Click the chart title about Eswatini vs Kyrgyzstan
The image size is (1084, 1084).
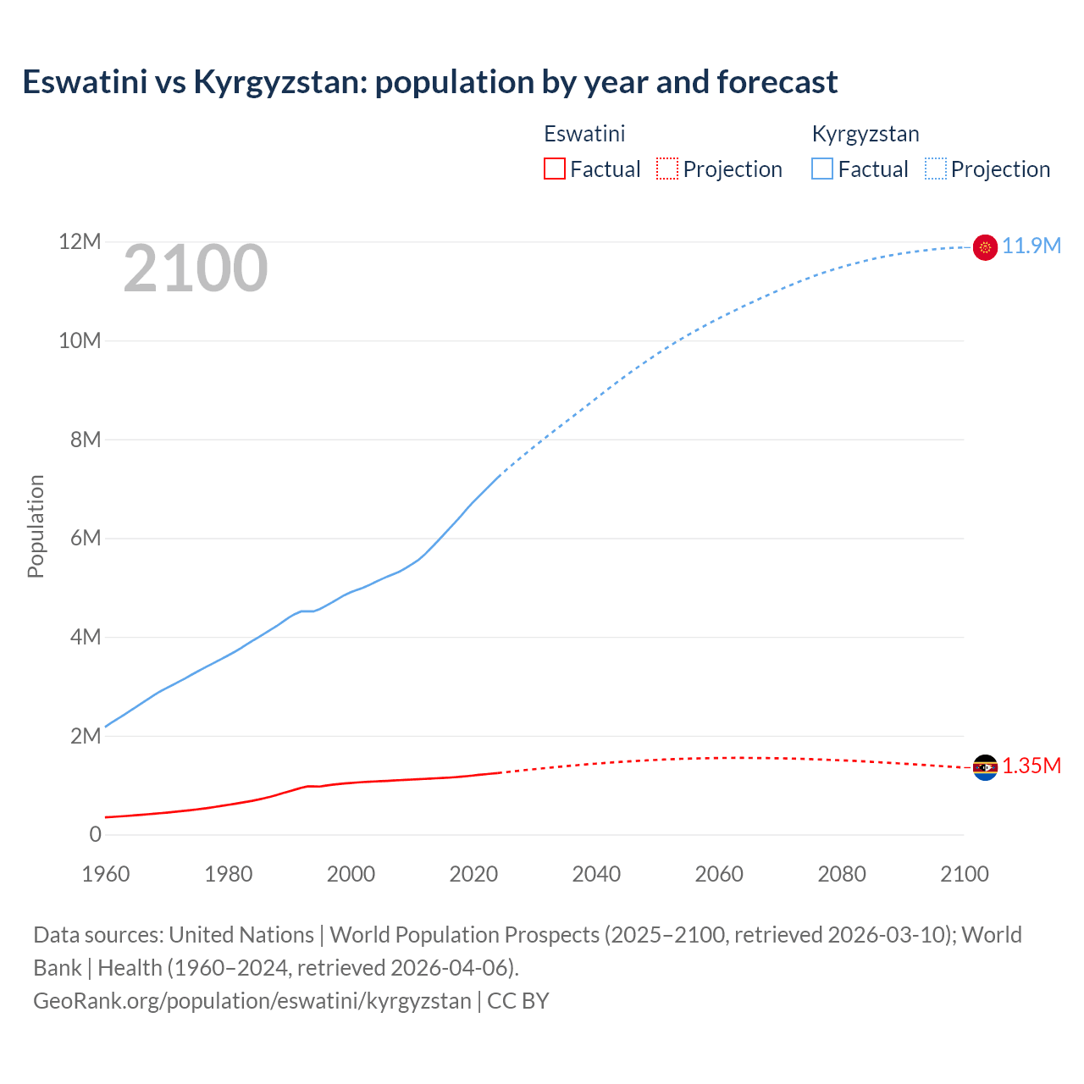(429, 82)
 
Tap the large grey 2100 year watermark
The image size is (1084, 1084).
(196, 268)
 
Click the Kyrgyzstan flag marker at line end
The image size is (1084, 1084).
(985, 247)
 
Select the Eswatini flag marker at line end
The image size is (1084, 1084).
(985, 767)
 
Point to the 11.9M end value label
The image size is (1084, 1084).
(1031, 246)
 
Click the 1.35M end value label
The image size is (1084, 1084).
(1031, 766)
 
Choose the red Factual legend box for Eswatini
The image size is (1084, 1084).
(555, 169)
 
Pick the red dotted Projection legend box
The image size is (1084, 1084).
(667, 169)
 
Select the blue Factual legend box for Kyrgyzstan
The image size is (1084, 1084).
(822, 169)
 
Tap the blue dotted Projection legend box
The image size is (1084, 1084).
(936, 169)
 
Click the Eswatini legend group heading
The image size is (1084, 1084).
(584, 134)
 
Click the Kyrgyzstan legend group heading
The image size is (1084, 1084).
(866, 134)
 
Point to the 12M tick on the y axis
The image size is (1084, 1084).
(80, 242)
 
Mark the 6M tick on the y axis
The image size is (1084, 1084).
(85, 539)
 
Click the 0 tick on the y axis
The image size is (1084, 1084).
(95, 835)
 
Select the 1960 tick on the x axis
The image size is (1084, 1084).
(106, 874)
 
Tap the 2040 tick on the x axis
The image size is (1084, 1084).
(596, 874)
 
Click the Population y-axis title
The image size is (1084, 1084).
(36, 526)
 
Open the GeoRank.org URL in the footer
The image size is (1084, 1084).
(252, 1001)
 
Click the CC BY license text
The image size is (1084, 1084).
(518, 1001)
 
